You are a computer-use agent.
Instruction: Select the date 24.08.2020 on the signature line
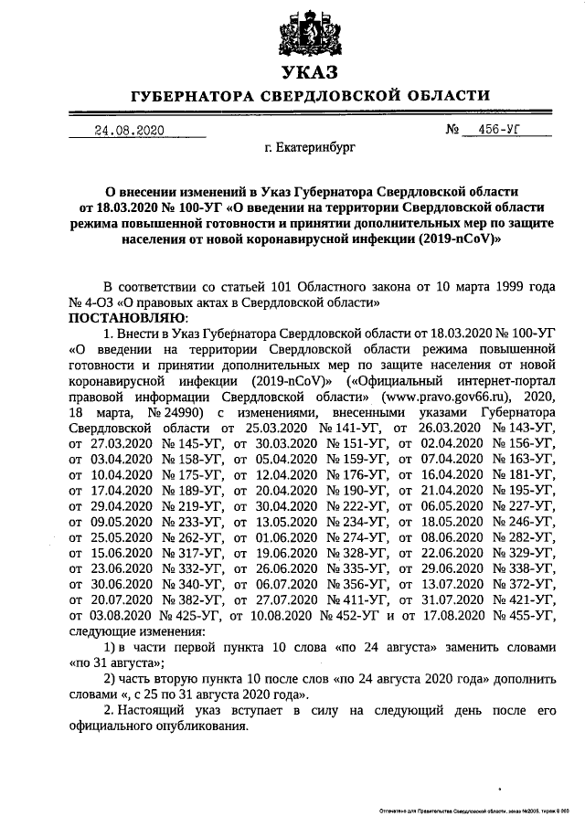click(130, 130)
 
